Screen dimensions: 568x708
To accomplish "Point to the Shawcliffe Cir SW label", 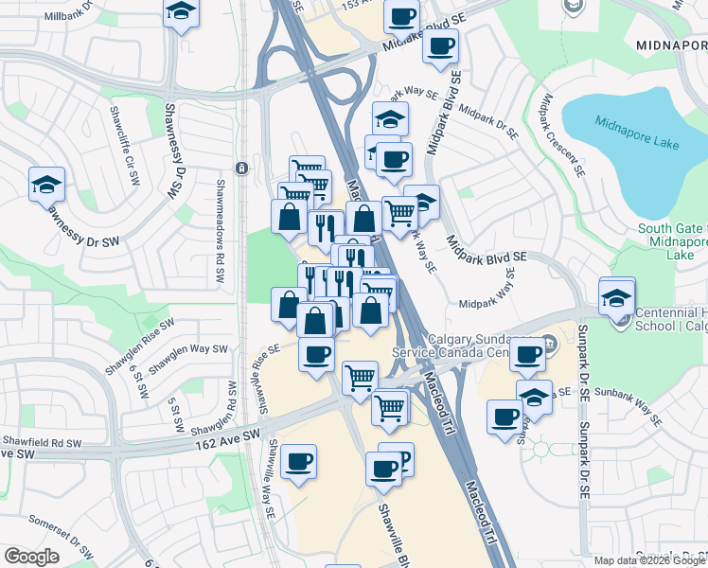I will pyautogui.click(x=130, y=165).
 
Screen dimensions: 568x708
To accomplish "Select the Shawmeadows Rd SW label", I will pyautogui.click(x=220, y=234).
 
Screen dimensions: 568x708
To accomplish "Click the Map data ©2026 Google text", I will pyautogui.click(x=648, y=560).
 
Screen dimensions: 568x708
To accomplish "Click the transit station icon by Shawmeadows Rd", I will pyautogui.click(x=242, y=169).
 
